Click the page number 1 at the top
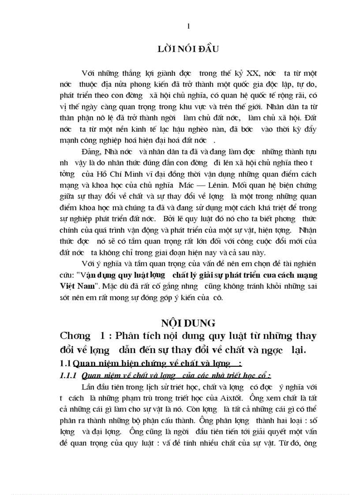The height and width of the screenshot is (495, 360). (189, 26)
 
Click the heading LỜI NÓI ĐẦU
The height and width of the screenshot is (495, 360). (188, 49)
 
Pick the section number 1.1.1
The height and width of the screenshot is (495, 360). (69, 376)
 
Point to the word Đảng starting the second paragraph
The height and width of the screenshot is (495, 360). (92, 152)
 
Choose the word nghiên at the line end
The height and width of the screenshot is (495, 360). (304, 264)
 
